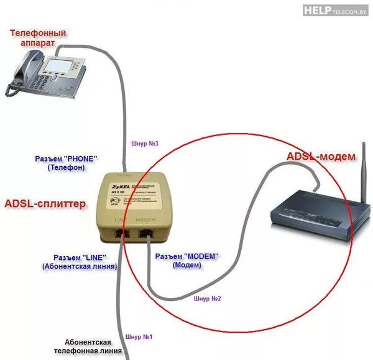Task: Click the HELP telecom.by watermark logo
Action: click(336, 9)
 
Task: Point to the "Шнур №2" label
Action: click(208, 298)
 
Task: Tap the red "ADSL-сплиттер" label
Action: click(45, 203)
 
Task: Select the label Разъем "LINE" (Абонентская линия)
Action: click(80, 262)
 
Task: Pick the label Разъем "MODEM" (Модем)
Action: click(187, 260)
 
